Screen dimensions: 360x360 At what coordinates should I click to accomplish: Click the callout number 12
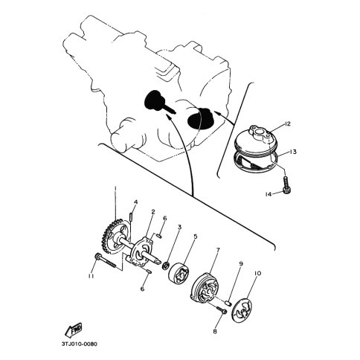pyautogui.click(x=287, y=123)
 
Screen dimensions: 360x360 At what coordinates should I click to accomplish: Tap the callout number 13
pyautogui.click(x=293, y=152)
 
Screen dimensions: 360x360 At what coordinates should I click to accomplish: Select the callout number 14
pyautogui.click(x=269, y=194)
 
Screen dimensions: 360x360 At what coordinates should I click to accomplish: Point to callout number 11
pyautogui.click(x=91, y=276)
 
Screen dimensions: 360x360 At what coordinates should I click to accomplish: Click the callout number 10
pyautogui.click(x=257, y=273)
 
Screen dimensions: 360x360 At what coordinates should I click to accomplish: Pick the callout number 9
pyautogui.click(x=241, y=263)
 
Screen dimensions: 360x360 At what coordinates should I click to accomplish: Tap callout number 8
pyautogui.click(x=215, y=331)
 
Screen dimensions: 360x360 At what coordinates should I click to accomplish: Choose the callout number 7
pyautogui.click(x=218, y=250)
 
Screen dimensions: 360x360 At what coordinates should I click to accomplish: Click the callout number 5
pyautogui.click(x=196, y=237)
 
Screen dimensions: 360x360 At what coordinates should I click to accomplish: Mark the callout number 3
pyautogui.click(x=179, y=227)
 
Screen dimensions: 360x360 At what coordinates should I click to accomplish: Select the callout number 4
pyautogui.click(x=135, y=202)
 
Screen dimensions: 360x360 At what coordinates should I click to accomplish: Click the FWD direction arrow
pyautogui.click(x=74, y=330)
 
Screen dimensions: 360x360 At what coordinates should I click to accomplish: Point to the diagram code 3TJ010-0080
pyautogui.click(x=80, y=344)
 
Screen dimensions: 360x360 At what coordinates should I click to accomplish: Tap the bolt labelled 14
pyautogui.click(x=286, y=184)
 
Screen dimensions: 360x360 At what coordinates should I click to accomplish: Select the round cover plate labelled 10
pyautogui.click(x=243, y=310)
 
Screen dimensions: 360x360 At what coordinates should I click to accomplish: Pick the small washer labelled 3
pyautogui.click(x=165, y=266)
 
